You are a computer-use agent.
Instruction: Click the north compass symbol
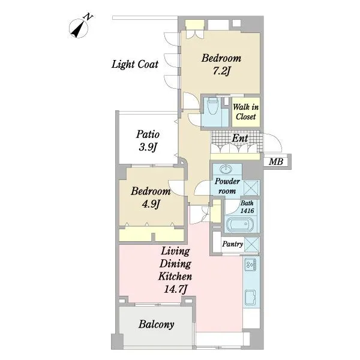point(79,27)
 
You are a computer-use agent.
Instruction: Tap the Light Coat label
point(135,64)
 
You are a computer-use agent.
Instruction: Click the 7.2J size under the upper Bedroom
point(221,71)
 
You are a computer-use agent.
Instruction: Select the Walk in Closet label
point(245,112)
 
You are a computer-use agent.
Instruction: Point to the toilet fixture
point(212,106)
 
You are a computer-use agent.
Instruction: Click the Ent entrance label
point(240,138)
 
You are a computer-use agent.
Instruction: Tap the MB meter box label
point(276,161)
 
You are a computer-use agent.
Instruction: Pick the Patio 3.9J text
point(148,140)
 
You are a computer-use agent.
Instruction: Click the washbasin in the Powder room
point(226,169)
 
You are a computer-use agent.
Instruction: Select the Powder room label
point(227,186)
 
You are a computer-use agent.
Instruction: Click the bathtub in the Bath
point(240,224)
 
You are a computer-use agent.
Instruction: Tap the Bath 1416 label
point(247,206)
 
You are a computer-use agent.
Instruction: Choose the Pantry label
point(232,244)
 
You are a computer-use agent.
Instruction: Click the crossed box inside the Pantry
point(251,245)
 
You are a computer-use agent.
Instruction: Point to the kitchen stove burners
point(250,265)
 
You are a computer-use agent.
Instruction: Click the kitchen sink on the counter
point(250,298)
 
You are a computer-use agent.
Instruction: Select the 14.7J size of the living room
point(176,289)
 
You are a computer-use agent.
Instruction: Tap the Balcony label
point(157,325)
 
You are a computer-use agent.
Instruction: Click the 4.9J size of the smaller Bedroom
point(151,204)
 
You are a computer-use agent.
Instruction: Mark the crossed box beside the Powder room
point(251,188)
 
